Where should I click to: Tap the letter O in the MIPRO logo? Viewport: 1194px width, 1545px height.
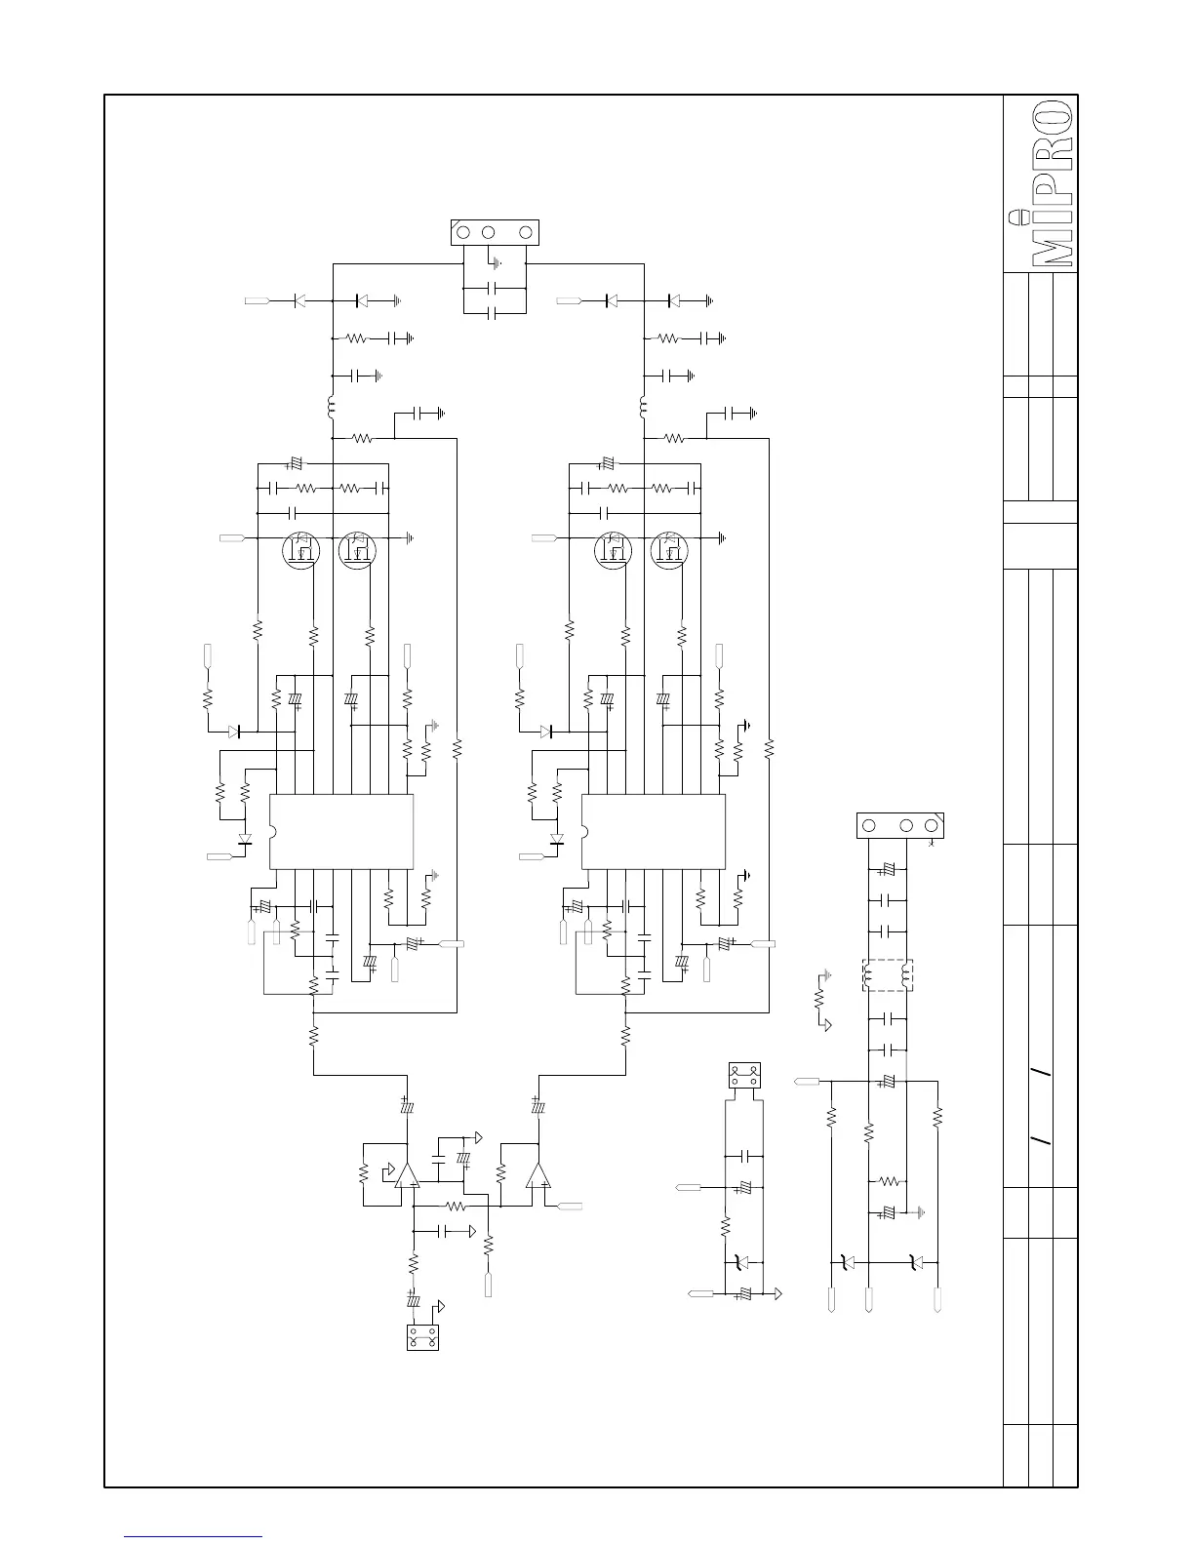coord(1054,117)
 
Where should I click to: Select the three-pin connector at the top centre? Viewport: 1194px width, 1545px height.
coord(494,233)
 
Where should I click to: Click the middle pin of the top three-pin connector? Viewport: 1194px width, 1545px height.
coord(489,233)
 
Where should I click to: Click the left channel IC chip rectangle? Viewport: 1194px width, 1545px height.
coord(340,831)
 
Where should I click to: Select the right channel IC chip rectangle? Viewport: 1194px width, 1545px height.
coord(653,831)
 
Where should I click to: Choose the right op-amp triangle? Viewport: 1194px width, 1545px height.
coord(537,1174)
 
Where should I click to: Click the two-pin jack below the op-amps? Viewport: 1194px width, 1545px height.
coord(422,1336)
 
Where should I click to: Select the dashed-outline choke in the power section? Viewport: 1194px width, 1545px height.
coord(886,975)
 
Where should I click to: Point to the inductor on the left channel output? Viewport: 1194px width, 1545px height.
coord(332,405)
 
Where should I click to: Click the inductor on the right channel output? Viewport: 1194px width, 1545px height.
coord(644,405)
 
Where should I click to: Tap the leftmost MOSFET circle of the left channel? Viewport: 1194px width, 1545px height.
coord(300,551)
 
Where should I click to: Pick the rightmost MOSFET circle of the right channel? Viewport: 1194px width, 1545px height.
coord(669,551)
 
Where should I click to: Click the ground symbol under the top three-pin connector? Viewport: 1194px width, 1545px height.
coord(497,262)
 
